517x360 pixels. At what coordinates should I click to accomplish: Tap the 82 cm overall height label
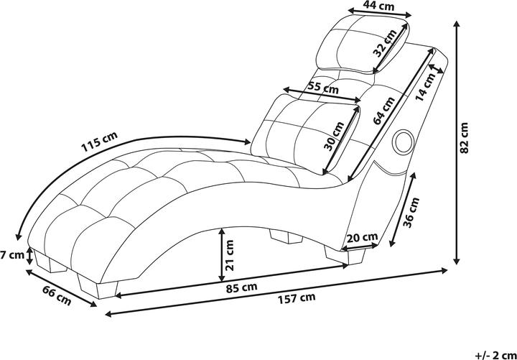point(465,137)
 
